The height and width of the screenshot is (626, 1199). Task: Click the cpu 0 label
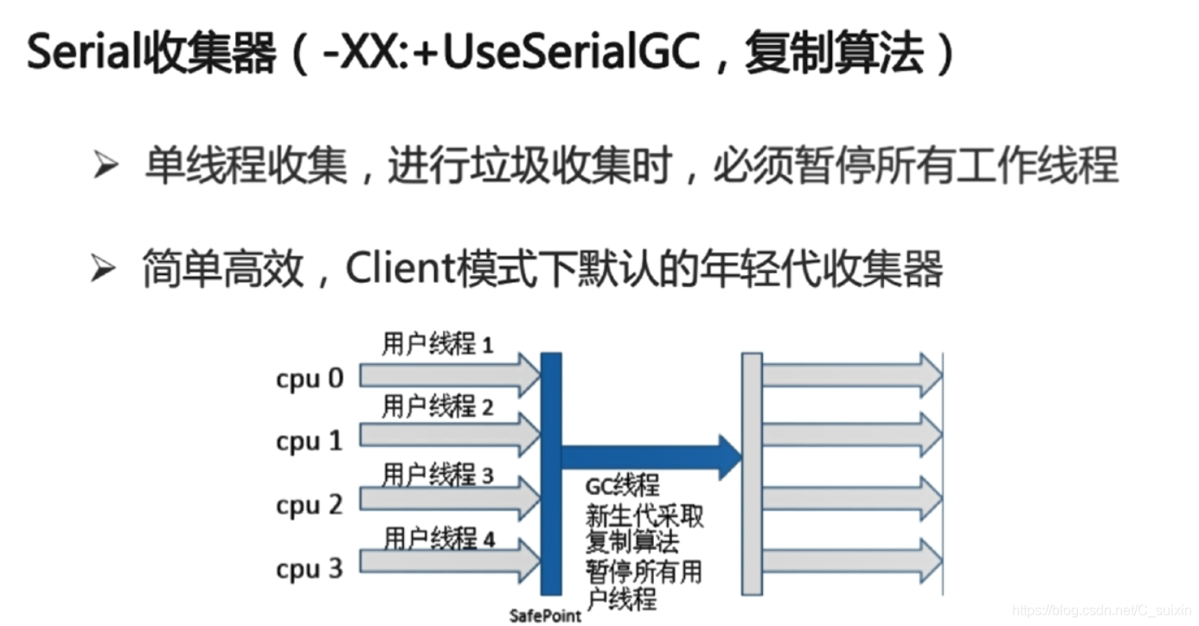tap(310, 379)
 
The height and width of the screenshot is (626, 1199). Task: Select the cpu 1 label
tap(310, 442)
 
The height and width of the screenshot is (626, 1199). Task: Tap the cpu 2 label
tap(310, 505)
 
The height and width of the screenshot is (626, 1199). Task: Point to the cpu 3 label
tap(310, 569)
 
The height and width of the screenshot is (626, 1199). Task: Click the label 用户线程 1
tap(438, 344)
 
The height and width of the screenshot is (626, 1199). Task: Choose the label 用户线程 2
tap(438, 406)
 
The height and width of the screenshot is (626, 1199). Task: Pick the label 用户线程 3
tap(438, 474)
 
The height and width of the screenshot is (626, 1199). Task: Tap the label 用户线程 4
tap(439, 539)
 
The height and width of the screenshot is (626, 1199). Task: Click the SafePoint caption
tap(545, 616)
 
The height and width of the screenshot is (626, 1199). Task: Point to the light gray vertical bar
tap(752, 474)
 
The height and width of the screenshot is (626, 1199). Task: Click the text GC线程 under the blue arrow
tap(622, 487)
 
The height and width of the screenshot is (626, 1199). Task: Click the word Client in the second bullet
tap(394, 270)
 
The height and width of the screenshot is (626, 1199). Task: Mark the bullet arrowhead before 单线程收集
tap(105, 165)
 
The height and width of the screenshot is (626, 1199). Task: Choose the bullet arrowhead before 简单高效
tap(103, 271)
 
